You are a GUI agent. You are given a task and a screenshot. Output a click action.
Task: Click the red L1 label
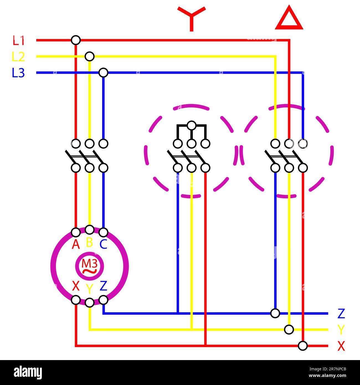pyautogui.click(x=19, y=41)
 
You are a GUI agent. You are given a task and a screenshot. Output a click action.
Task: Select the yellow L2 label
pyautogui.click(x=19, y=57)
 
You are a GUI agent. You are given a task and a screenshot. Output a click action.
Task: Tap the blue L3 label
pyautogui.click(x=18, y=73)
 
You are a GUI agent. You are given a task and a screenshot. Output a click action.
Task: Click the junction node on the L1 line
pyautogui.click(x=76, y=40)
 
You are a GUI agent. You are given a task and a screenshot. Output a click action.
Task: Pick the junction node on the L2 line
pyautogui.click(x=89, y=57)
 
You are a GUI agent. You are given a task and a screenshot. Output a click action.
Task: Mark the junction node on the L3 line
pyautogui.click(x=103, y=73)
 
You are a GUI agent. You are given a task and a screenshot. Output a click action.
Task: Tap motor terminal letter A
pyautogui.click(x=76, y=245)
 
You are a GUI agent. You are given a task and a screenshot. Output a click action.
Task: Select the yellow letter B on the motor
pyautogui.click(x=89, y=242)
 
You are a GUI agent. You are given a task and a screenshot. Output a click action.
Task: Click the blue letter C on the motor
pyautogui.click(x=103, y=245)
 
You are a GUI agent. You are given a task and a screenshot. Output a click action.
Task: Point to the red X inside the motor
pyautogui.click(x=76, y=286)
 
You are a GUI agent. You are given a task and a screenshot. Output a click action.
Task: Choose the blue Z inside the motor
pyautogui.click(x=103, y=286)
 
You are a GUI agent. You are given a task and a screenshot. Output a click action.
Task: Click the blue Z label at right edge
pyautogui.click(x=341, y=314)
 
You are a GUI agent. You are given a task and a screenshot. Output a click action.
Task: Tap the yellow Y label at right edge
pyautogui.click(x=341, y=330)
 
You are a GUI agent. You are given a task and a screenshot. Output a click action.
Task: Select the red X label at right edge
pyautogui.click(x=341, y=346)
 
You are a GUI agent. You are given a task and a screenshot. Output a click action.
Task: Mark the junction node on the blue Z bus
pyautogui.click(x=275, y=313)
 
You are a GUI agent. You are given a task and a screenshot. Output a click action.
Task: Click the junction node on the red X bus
pyautogui.click(x=303, y=346)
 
